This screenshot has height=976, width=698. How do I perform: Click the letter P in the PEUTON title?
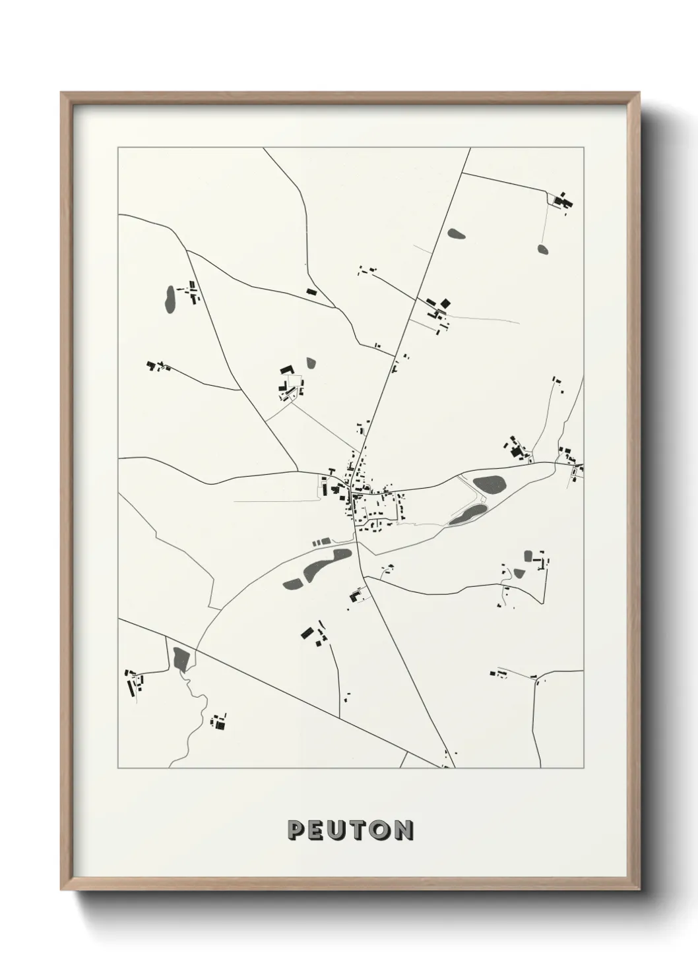pos(296,830)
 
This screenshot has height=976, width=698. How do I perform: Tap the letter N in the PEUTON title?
pos(402,830)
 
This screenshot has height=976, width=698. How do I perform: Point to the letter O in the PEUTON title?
pos(379,830)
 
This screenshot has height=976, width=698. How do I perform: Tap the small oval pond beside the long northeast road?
pos(456,233)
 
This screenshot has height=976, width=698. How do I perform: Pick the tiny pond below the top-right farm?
pos(542,249)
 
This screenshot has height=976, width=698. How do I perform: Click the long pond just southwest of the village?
pos(317,566)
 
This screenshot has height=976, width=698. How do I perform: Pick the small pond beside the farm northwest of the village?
pos(311,363)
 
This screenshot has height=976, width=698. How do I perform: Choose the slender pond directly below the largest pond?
pos(467,514)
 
